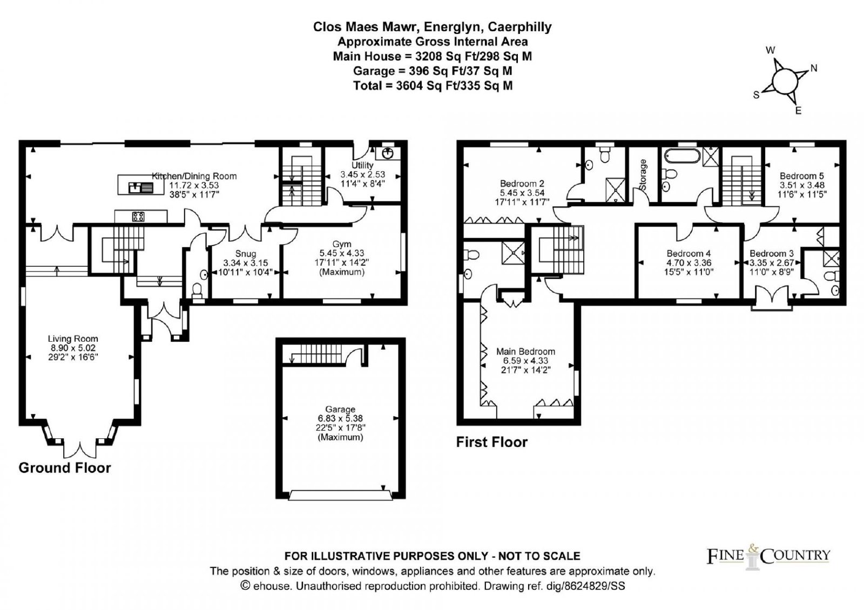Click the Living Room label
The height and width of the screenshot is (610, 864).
pyautogui.click(x=73, y=338)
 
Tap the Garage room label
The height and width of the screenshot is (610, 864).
pyautogui.click(x=340, y=409)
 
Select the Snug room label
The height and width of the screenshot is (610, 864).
pyautogui.click(x=245, y=254)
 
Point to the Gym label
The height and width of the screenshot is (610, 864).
pyautogui.click(x=342, y=244)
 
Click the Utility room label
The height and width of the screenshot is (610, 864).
pyautogui.click(x=362, y=165)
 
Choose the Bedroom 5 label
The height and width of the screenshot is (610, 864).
pyautogui.click(x=801, y=176)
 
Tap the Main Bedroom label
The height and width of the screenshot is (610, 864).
pyautogui.click(x=525, y=351)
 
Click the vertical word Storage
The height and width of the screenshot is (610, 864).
pyautogui.click(x=643, y=175)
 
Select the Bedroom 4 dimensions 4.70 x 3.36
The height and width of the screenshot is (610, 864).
pyautogui.click(x=688, y=262)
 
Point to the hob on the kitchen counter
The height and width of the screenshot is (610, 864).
pyautogui.click(x=138, y=216)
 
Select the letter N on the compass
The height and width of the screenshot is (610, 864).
pyautogui.click(x=814, y=68)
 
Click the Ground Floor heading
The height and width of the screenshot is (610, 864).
pyautogui.click(x=65, y=467)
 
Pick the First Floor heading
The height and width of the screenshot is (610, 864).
pyautogui.click(x=492, y=442)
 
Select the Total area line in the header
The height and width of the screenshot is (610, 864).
pyautogui.click(x=433, y=86)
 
